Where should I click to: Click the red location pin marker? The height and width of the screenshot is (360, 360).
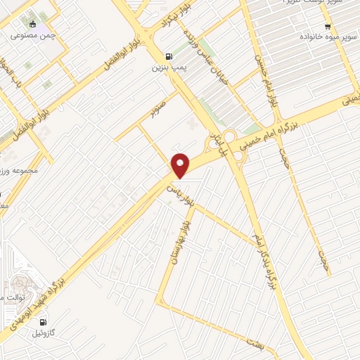point(181,165)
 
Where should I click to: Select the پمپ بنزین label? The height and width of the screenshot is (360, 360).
point(166,69)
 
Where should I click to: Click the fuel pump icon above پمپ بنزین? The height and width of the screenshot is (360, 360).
point(167,57)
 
